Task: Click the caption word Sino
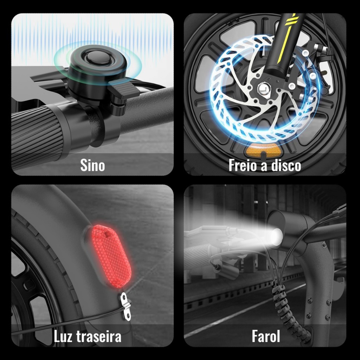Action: tap(92, 165)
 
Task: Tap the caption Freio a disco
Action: tap(265, 165)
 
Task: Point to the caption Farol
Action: tap(266, 336)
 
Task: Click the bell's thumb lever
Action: tap(124, 88)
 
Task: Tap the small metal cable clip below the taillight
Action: tap(126, 307)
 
